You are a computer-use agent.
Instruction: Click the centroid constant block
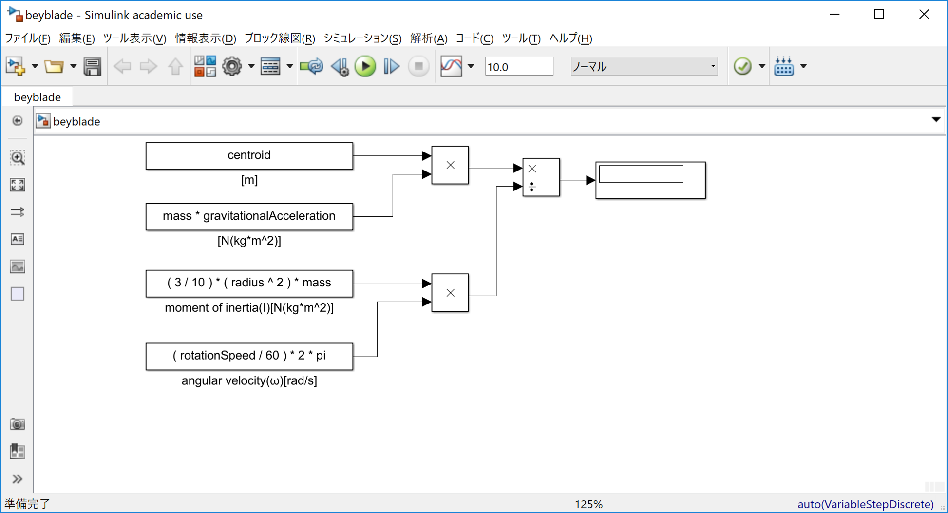pos(249,156)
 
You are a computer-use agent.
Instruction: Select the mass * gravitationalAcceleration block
pos(249,216)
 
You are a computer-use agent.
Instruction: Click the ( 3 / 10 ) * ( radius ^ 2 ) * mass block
pos(249,283)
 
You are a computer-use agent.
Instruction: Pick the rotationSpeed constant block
pos(249,356)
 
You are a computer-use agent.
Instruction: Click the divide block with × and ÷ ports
pos(541,177)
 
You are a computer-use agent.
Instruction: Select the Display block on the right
pos(650,180)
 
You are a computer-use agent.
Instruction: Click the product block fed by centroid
pos(450,165)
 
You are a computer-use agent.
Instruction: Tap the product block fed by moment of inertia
pos(450,293)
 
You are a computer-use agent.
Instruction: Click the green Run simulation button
pos(365,66)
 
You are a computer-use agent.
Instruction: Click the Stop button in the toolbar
pos(418,66)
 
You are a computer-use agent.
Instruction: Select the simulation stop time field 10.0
pos(518,67)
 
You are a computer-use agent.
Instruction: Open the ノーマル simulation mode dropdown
pos(644,66)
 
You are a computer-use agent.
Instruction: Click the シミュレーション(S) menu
pos(362,38)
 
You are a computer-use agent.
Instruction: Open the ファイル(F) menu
pos(27,38)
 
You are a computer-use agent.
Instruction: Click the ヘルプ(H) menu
pos(570,38)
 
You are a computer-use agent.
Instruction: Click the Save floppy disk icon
pos(92,66)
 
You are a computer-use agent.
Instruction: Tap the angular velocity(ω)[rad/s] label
pos(249,381)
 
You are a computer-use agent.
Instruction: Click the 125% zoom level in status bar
pos(588,504)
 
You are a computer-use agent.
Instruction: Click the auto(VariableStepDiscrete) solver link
pos(865,504)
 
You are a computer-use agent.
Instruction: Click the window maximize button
pos(879,15)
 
